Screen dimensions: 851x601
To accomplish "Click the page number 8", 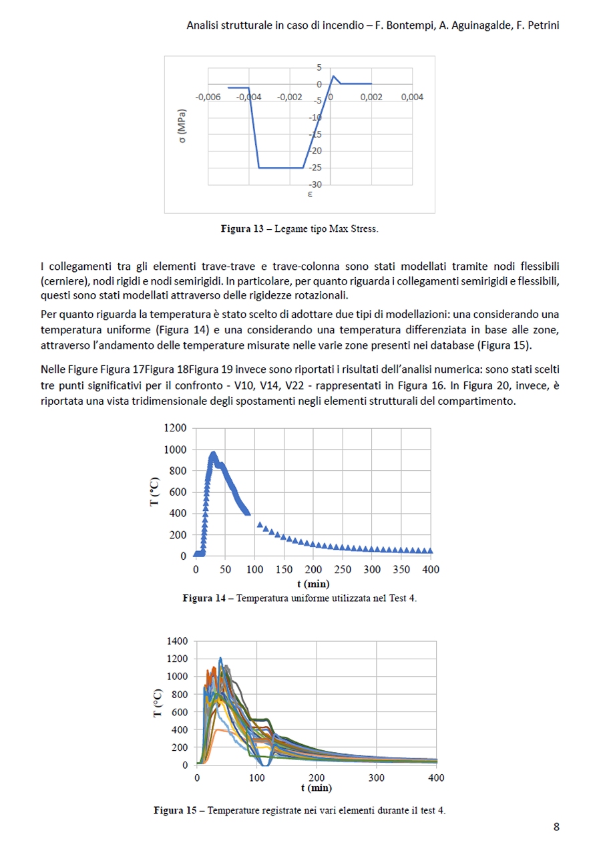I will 556,827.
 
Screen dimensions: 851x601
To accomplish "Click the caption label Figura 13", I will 242,229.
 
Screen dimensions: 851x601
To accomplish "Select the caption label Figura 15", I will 176,811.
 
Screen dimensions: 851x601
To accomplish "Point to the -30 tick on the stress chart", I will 316,184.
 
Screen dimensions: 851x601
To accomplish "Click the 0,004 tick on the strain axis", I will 412,98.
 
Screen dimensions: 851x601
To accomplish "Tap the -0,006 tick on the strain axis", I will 207,98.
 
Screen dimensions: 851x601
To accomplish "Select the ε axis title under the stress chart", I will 310,195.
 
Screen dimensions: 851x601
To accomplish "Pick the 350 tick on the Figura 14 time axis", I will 401,570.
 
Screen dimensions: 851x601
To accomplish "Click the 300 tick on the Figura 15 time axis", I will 376,778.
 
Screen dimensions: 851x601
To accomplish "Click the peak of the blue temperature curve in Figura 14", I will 213,454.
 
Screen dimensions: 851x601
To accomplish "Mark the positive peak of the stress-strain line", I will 333,75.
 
